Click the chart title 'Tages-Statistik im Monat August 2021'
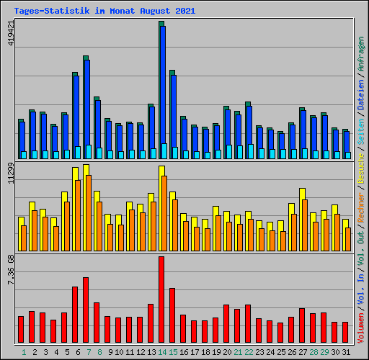pos(104,12)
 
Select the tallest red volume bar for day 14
pos(161,300)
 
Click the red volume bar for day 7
pos(86,310)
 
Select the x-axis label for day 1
pos(23,352)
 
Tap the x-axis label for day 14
pos(163,352)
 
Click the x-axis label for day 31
pos(347,352)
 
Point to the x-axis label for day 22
pos(249,352)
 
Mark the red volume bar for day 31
pos(345,332)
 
